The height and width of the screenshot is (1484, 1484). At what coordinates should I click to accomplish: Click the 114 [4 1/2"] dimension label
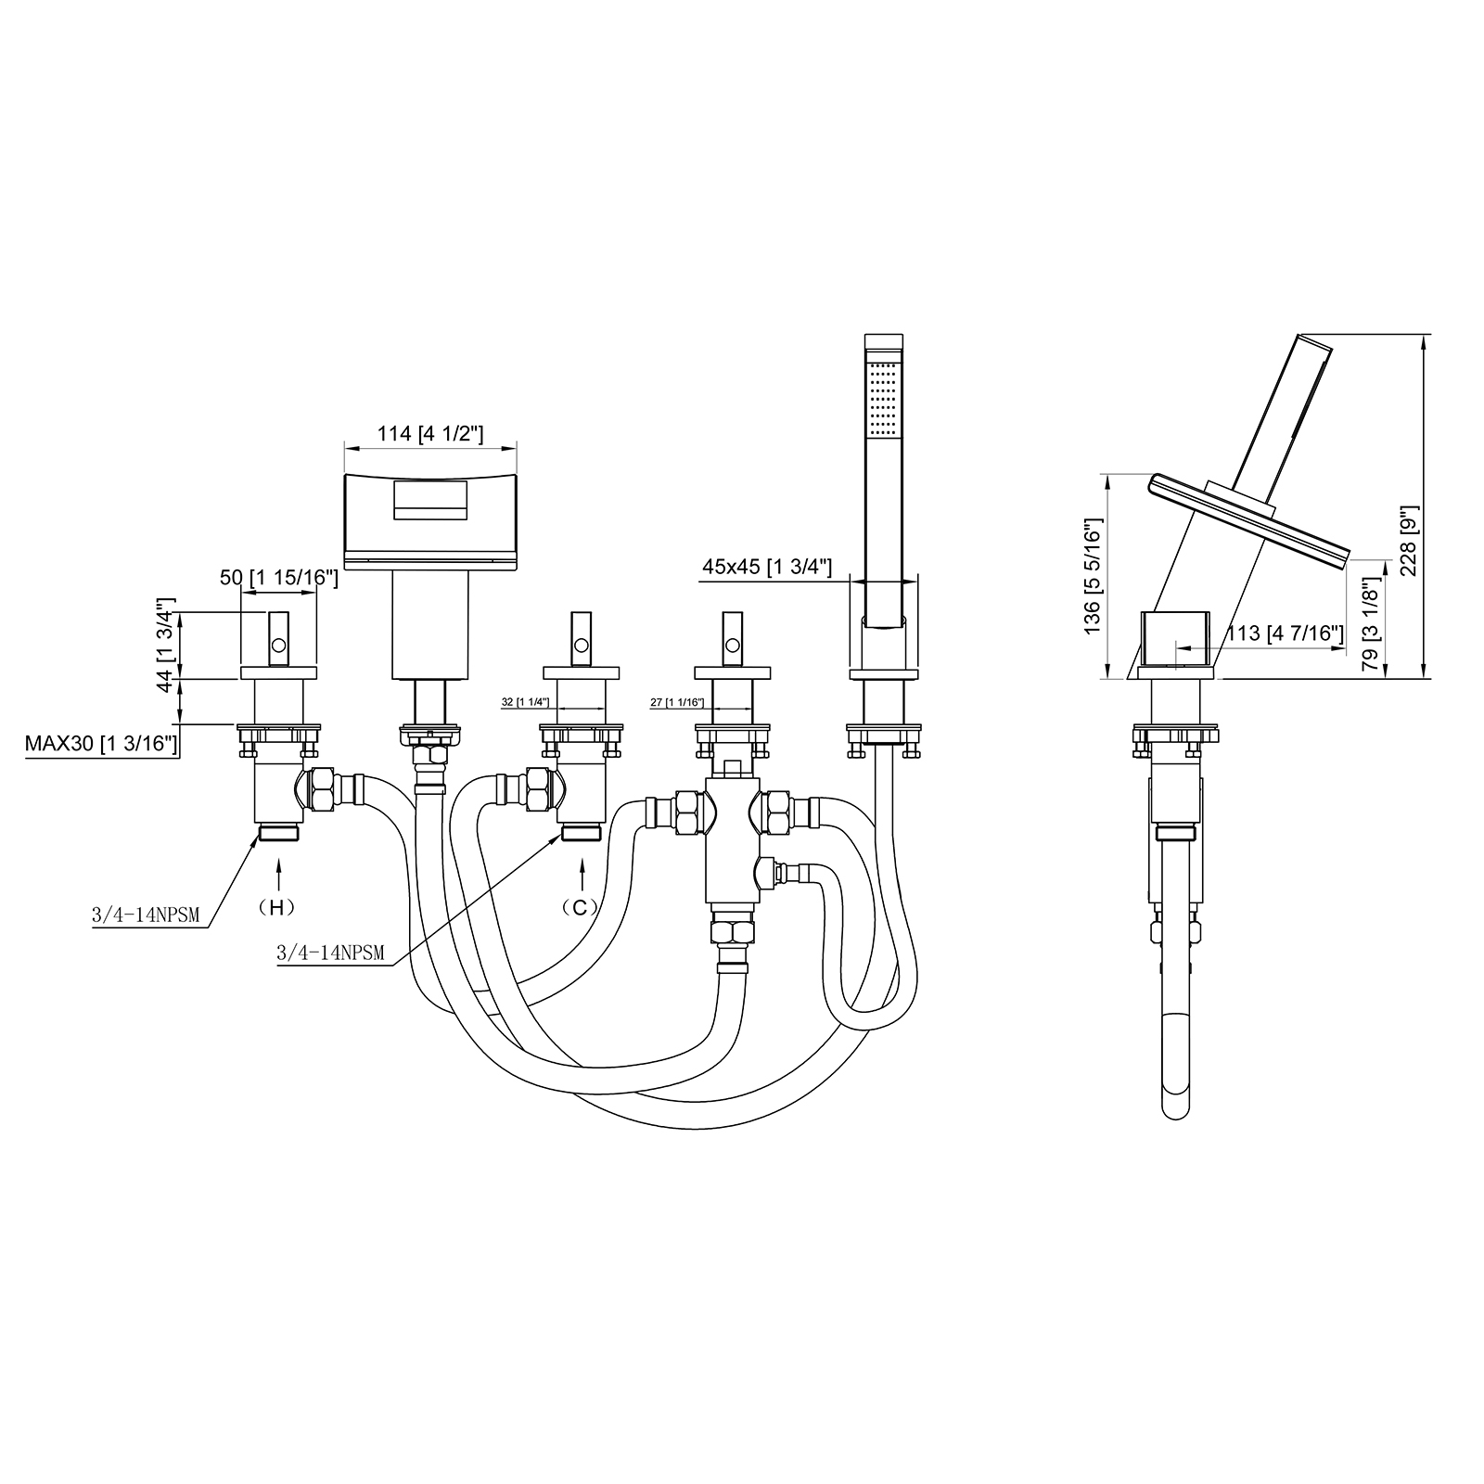click(430, 433)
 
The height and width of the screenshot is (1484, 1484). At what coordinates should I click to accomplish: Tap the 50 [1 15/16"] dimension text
click(278, 578)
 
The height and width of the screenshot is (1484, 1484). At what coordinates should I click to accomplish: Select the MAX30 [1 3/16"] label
click(101, 743)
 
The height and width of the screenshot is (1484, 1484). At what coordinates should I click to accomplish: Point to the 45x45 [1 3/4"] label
click(766, 567)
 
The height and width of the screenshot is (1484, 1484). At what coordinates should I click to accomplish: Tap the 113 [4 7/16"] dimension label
click(1285, 633)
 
